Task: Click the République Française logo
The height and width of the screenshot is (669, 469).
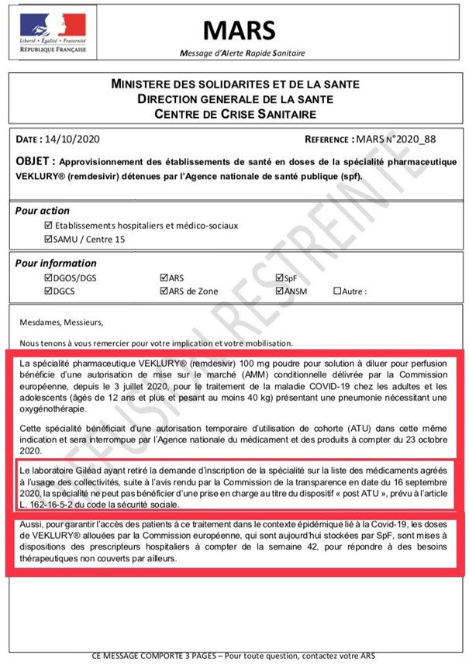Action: [53, 33]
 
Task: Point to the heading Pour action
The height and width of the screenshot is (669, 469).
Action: [43, 210]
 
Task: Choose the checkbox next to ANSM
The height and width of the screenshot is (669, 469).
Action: [280, 291]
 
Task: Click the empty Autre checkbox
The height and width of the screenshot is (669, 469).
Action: [336, 291]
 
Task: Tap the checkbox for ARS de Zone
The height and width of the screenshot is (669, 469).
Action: [164, 291]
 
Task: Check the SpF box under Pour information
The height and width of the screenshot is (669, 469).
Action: [280, 278]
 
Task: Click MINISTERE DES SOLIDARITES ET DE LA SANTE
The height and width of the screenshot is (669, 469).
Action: [235, 84]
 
